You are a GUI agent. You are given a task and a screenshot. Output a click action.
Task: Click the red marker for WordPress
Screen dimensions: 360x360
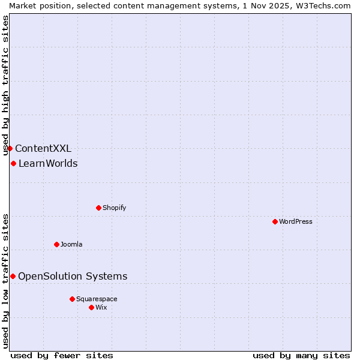point(275,221)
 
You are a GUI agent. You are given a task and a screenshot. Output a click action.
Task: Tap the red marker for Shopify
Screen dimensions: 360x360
point(98,208)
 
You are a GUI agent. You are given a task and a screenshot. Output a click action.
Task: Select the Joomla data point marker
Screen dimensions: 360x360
point(56,244)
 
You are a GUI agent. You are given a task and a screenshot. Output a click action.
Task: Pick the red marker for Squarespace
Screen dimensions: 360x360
point(72,299)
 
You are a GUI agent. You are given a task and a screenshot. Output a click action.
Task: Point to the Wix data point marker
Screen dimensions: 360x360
point(91,307)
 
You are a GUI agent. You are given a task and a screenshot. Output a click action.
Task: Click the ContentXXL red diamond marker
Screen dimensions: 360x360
point(10,148)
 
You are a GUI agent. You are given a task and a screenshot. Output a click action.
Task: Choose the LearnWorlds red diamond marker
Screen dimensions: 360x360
point(13,163)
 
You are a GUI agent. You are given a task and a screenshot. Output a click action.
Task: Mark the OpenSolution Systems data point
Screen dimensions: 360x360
point(13,276)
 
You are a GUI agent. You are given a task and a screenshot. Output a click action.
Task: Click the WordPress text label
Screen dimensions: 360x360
point(296,221)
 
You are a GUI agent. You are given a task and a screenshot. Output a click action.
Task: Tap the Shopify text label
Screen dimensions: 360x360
point(114,208)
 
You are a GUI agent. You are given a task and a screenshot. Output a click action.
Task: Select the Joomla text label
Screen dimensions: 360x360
point(71,244)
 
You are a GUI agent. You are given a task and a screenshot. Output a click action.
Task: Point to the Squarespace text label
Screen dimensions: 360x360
point(97,299)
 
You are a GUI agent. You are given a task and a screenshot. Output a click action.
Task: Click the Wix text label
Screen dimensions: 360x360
point(101,307)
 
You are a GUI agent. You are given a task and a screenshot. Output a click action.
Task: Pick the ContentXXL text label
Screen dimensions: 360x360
point(43,148)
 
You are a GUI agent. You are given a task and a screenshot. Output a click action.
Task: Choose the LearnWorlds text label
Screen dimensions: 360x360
point(48,163)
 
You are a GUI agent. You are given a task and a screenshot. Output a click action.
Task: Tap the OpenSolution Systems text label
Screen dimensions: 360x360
point(73,276)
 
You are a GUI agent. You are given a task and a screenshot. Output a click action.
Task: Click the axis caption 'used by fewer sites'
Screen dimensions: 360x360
point(62,355)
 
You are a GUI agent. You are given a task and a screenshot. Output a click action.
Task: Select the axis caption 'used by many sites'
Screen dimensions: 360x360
point(301,355)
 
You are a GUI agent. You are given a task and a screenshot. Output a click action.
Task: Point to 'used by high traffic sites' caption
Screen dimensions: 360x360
point(5,86)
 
